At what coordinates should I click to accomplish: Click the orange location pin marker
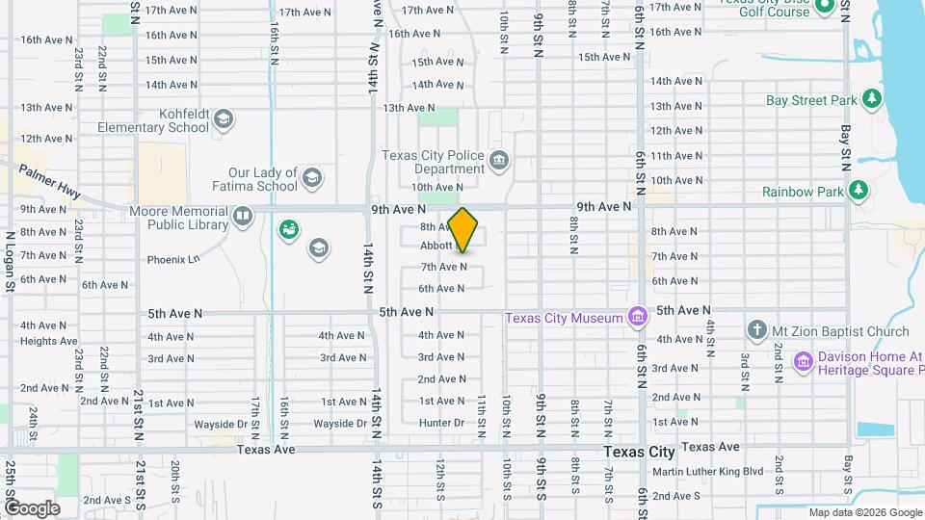point(463,230)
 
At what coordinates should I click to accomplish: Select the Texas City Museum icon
point(637,317)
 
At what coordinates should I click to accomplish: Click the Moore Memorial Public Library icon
point(243,216)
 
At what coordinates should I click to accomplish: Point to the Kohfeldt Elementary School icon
point(224,119)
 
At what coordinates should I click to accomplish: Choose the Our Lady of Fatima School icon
point(311,177)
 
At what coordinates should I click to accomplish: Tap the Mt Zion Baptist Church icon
point(756,330)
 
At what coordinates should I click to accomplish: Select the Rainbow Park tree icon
point(859,191)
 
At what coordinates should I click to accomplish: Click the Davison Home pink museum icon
point(803,361)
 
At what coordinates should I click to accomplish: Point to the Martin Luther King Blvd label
point(707,472)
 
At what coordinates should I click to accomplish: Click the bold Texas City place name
point(639,452)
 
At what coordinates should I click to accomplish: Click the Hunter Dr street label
point(442,424)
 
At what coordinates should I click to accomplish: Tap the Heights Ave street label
point(48,341)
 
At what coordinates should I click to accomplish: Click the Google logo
point(31,507)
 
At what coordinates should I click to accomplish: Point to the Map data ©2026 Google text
point(863,512)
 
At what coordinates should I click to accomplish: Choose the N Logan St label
point(10,260)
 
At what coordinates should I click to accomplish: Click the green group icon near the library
point(288,229)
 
